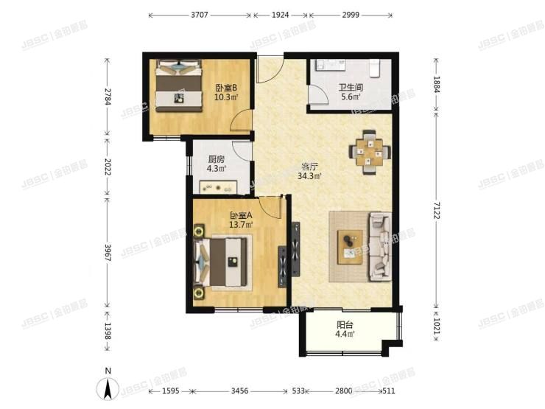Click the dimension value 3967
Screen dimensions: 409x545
tap(108, 252)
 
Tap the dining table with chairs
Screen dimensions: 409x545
tap(368, 151)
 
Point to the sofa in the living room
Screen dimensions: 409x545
tap(381, 247)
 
